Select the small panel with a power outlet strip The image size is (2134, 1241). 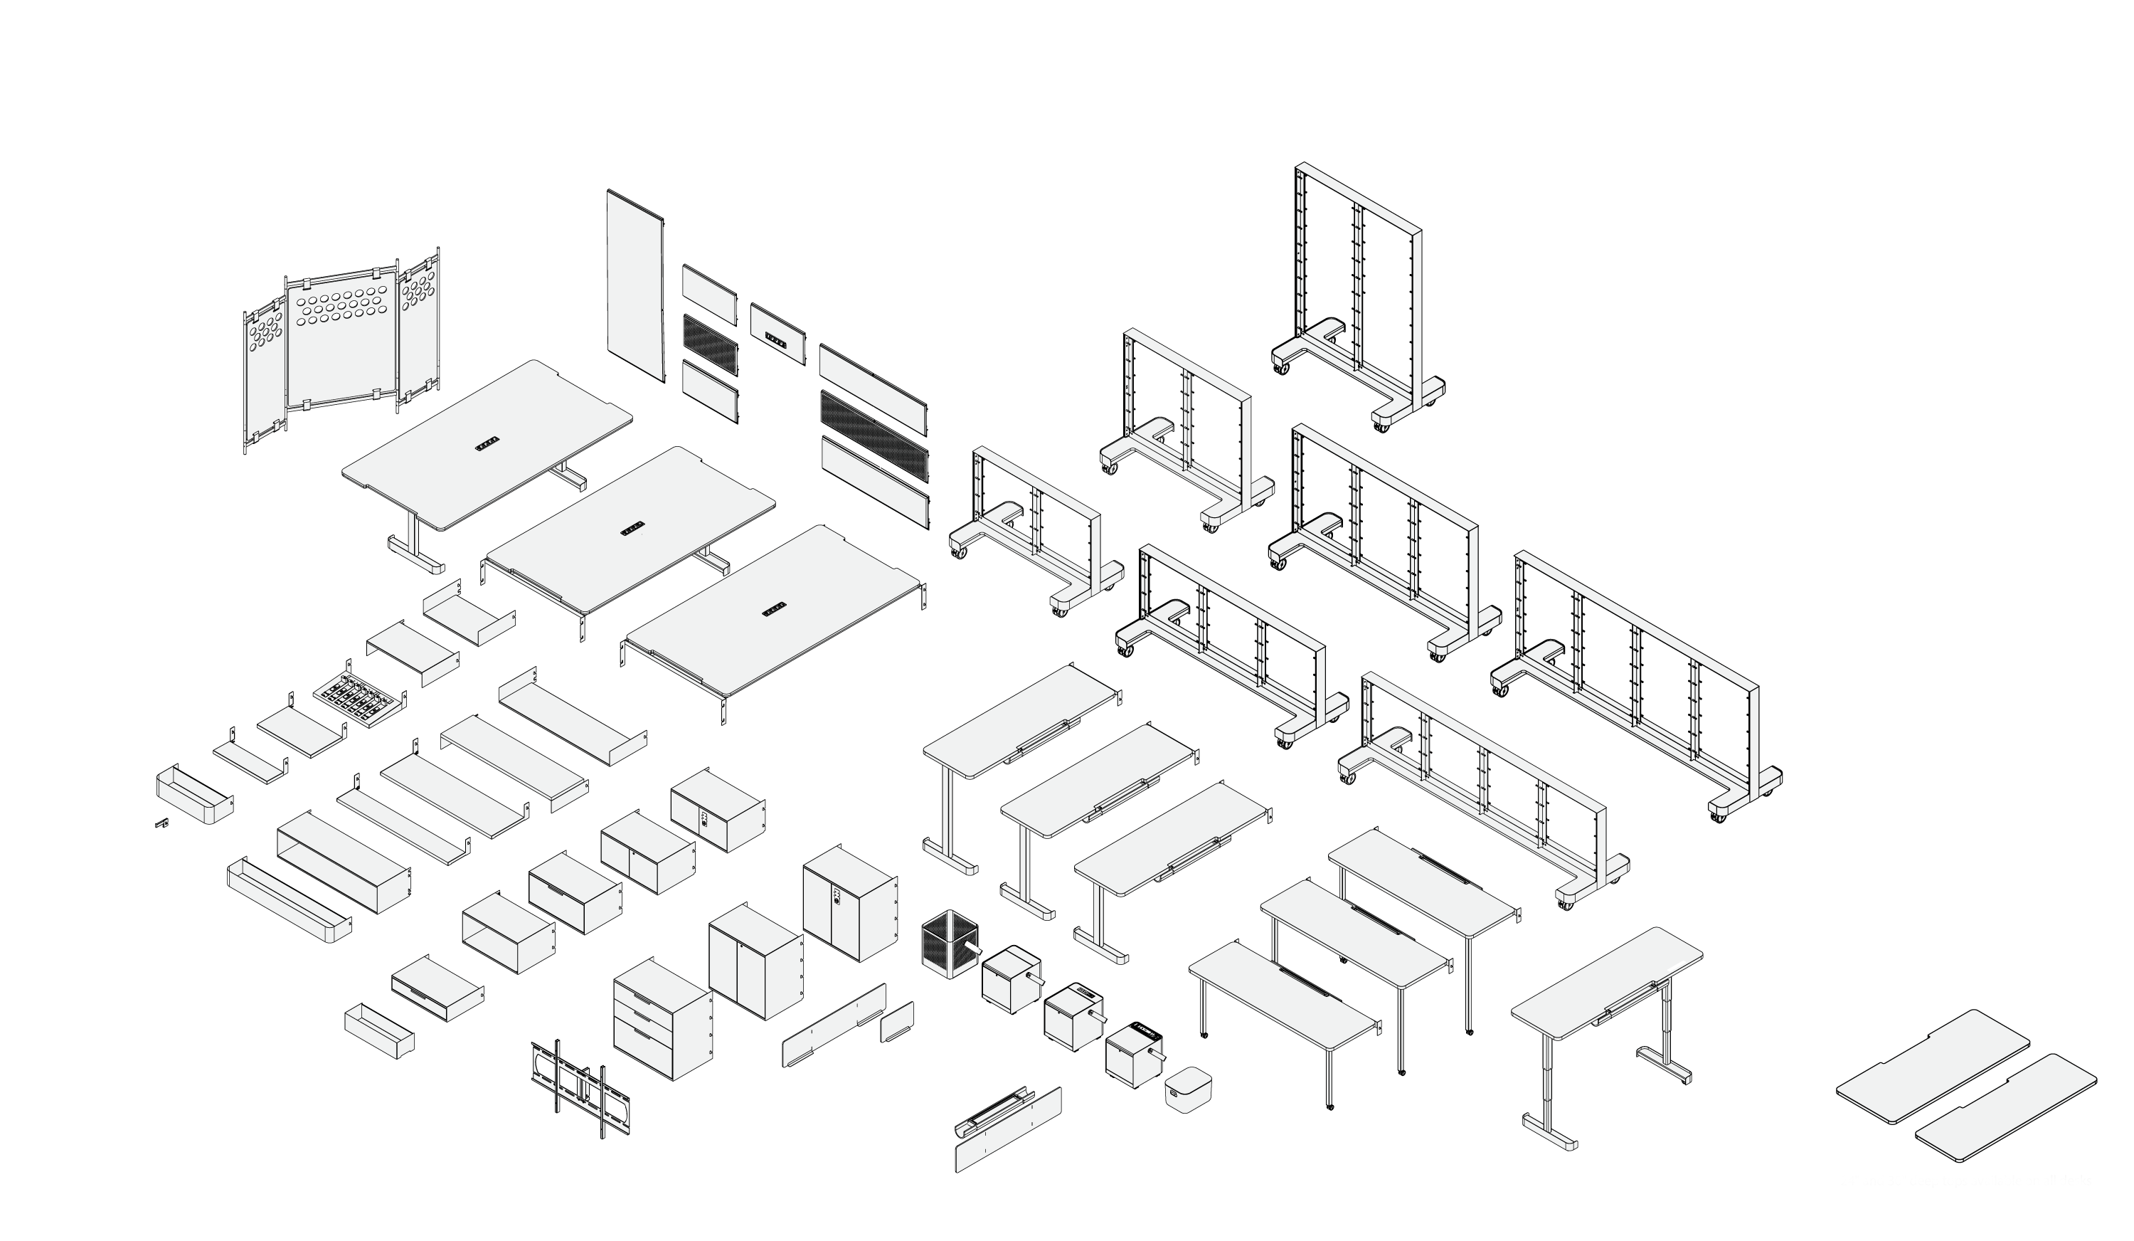[x=777, y=334]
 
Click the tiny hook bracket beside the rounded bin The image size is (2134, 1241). [x=161, y=822]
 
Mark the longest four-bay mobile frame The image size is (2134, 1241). [x=1635, y=686]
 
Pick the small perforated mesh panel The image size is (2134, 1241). [x=710, y=345]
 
